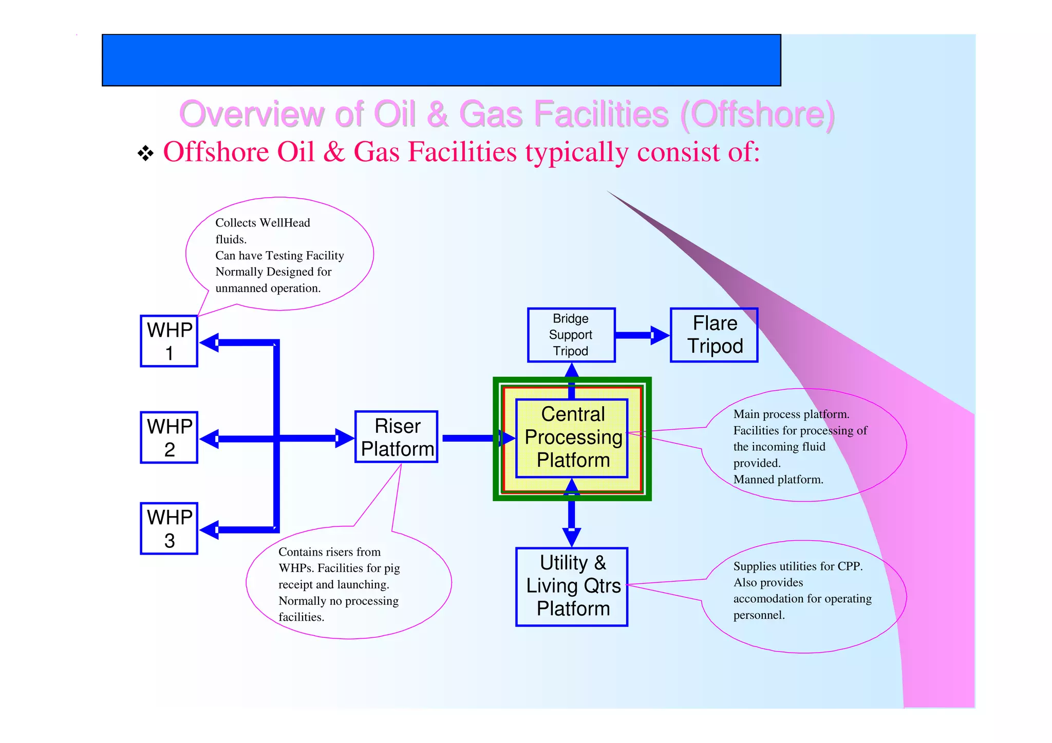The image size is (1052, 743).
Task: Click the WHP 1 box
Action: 169,341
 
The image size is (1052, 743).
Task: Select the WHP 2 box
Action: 169,437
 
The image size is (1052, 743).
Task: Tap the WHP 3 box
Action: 169,528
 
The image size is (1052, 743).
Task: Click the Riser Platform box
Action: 397,437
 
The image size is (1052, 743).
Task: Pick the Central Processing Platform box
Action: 572,438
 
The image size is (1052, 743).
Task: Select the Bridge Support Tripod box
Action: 571,335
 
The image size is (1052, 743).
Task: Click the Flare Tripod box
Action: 714,335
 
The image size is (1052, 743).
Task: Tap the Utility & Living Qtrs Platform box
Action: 572,587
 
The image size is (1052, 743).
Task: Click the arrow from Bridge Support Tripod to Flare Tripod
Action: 642,335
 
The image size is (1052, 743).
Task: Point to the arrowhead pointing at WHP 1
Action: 209,342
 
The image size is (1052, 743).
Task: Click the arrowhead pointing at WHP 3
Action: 209,529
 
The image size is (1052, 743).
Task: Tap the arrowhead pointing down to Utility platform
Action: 572,537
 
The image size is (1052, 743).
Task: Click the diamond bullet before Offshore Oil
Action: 146,153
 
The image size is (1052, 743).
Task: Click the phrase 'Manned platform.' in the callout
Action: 778,480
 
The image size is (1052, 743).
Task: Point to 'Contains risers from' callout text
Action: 329,552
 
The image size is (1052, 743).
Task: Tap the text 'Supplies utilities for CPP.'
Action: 797,566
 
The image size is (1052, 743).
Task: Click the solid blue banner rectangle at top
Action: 441,60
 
